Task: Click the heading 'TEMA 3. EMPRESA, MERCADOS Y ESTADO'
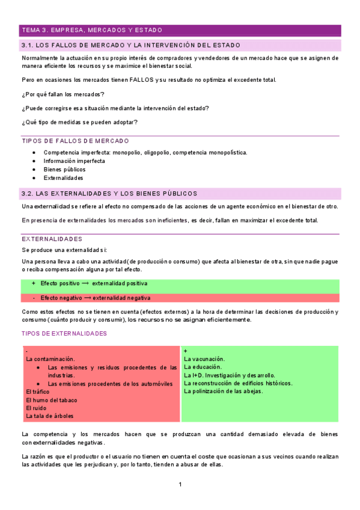click(x=91, y=30)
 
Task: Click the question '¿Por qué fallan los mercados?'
click(x=63, y=94)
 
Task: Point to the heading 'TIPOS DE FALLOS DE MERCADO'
click(x=75, y=141)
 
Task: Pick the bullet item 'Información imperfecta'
click(x=74, y=161)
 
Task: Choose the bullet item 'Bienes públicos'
click(x=64, y=170)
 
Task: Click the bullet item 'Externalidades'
click(x=63, y=178)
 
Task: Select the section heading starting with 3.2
click(x=109, y=194)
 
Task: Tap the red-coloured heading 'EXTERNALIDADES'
click(x=52, y=239)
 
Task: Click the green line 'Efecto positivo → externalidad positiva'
click(x=94, y=283)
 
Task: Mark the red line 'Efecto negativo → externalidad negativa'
click(x=95, y=298)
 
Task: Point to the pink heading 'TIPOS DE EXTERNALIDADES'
click(x=64, y=334)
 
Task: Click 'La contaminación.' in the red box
click(x=50, y=358)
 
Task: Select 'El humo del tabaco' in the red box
click(x=52, y=400)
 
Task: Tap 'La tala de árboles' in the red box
click(x=50, y=416)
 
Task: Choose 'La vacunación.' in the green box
click(x=204, y=358)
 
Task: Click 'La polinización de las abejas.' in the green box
click(x=224, y=392)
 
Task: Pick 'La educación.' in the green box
click(x=203, y=367)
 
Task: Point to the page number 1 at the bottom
click(x=180, y=485)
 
